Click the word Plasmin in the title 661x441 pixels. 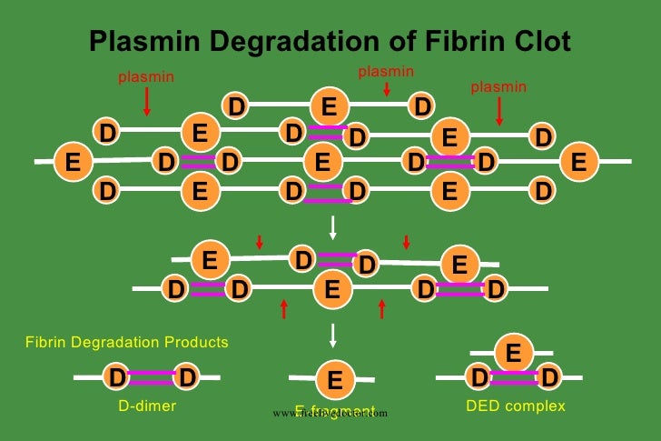[x=145, y=42]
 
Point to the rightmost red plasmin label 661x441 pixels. [x=498, y=87]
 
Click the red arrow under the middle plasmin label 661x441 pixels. [x=387, y=89]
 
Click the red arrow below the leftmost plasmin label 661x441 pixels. [x=146, y=103]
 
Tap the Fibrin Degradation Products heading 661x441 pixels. [x=126, y=343]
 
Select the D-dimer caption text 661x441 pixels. [x=147, y=406]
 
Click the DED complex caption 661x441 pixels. [x=515, y=406]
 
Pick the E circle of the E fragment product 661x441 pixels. [x=334, y=380]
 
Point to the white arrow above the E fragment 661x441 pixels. [x=333, y=335]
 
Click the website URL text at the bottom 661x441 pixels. [x=330, y=413]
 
